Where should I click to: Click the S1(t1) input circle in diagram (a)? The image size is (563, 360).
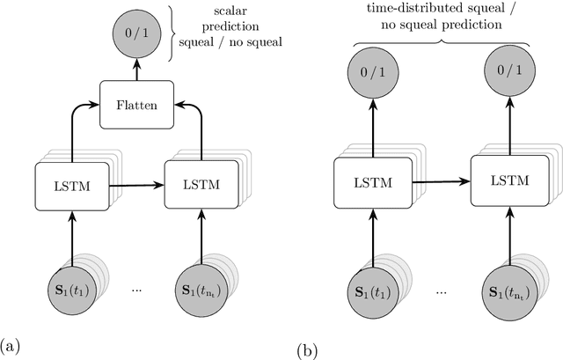coord(59,288)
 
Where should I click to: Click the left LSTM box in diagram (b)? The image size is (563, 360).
coord(364,184)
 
